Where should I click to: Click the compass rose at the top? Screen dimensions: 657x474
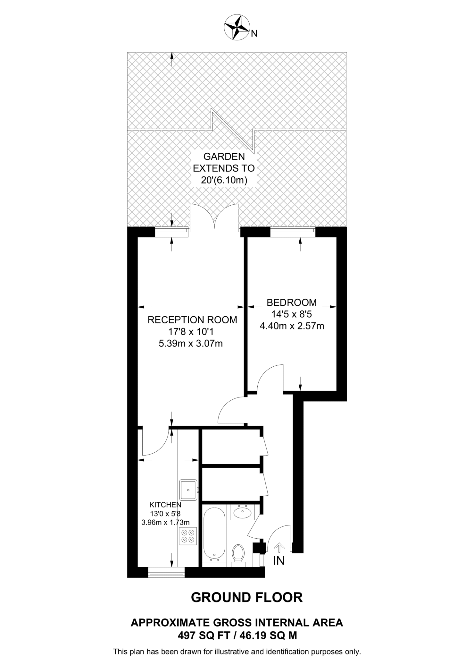click(237, 28)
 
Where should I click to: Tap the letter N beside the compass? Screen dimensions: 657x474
click(254, 33)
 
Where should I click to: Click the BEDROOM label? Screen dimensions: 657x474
click(292, 302)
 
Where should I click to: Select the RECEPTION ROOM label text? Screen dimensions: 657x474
click(192, 320)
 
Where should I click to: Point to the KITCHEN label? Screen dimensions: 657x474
click(165, 505)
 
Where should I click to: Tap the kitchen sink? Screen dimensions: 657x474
click(188, 490)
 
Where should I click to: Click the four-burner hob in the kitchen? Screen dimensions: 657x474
click(188, 536)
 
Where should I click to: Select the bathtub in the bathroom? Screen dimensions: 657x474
click(214, 534)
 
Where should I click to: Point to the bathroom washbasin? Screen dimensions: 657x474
click(243, 512)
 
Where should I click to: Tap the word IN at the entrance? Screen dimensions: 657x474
click(279, 560)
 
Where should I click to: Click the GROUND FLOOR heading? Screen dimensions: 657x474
click(247, 597)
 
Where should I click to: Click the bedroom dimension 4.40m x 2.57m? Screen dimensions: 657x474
click(292, 326)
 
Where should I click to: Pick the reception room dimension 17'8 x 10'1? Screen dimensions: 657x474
click(191, 332)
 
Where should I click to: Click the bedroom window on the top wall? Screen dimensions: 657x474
click(293, 232)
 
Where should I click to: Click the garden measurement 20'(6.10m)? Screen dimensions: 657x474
click(224, 180)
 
